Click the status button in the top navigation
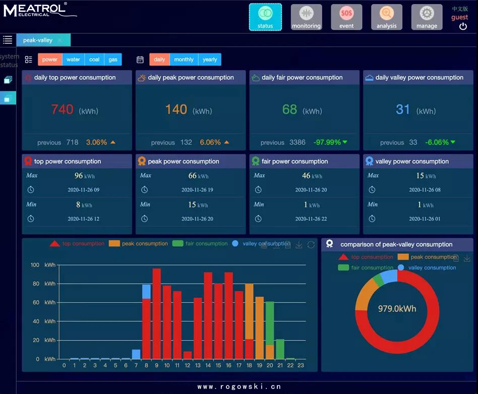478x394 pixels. (265, 17)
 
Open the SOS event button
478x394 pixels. (346, 17)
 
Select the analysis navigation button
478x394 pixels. (386, 17)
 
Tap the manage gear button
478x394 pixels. (427, 17)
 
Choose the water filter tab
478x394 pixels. (73, 60)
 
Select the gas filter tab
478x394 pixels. (113, 60)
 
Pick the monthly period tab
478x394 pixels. (184, 60)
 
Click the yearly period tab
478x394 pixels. (210, 60)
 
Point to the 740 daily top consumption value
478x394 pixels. (63, 109)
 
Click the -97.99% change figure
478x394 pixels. (327, 142)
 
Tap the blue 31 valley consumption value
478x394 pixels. (403, 109)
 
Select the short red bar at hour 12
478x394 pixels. (188, 355)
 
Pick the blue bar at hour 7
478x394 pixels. (136, 354)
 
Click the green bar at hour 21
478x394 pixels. (280, 349)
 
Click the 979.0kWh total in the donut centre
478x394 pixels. (397, 308)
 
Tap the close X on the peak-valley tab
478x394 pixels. (60, 40)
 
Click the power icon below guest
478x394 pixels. (463, 27)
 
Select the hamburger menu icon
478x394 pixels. (8, 40)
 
